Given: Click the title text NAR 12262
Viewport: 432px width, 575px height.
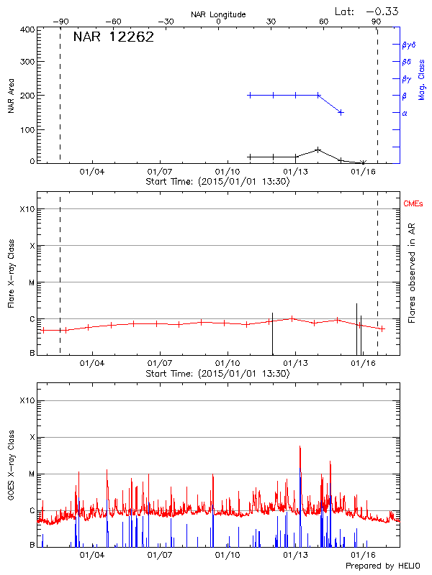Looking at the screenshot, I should click(113, 38).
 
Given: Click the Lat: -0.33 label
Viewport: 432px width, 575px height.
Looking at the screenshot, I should click(367, 11).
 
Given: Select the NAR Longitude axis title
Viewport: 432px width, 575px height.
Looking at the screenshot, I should click(218, 14).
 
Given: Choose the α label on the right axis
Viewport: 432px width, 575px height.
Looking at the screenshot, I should click(404, 113).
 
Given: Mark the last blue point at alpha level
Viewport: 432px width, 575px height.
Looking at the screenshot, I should click(341, 112).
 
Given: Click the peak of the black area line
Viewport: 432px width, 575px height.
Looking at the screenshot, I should click(318, 149).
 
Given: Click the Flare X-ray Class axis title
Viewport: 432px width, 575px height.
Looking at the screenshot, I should click(11, 273).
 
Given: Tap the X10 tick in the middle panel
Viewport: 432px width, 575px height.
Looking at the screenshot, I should click(27, 209).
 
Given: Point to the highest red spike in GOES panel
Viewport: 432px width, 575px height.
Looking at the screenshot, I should click(300, 446).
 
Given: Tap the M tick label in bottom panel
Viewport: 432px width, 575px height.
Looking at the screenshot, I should click(30, 474).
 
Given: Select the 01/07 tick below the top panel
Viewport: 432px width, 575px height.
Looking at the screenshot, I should click(159, 172).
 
